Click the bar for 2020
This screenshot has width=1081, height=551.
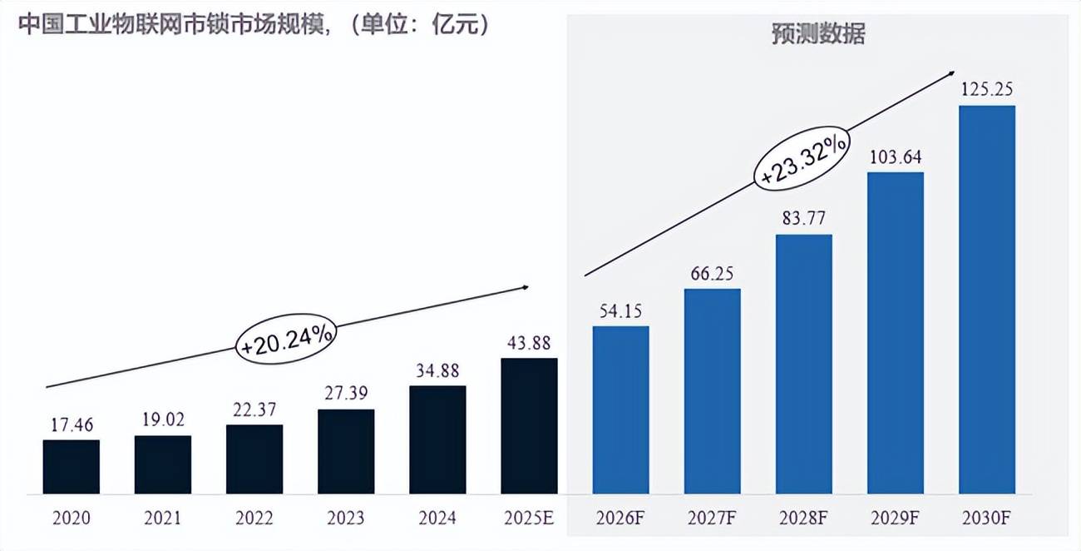coord(72,466)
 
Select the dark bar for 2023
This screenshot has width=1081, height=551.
coord(346,451)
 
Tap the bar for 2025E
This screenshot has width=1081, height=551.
coord(529,425)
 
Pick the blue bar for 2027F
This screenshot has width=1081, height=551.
coord(712,391)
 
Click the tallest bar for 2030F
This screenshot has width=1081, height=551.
coord(986,300)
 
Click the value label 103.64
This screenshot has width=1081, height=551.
coord(896,156)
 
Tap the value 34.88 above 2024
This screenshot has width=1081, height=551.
coord(437,370)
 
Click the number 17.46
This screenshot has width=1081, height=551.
coord(72,424)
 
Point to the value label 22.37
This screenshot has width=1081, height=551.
coord(254,410)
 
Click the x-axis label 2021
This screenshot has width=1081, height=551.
coord(163,518)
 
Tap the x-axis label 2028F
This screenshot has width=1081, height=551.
coord(803,518)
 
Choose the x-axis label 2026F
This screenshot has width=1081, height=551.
coord(620,518)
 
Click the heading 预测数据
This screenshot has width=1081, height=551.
coord(818,35)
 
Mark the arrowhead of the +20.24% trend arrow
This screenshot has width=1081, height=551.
coord(526,287)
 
